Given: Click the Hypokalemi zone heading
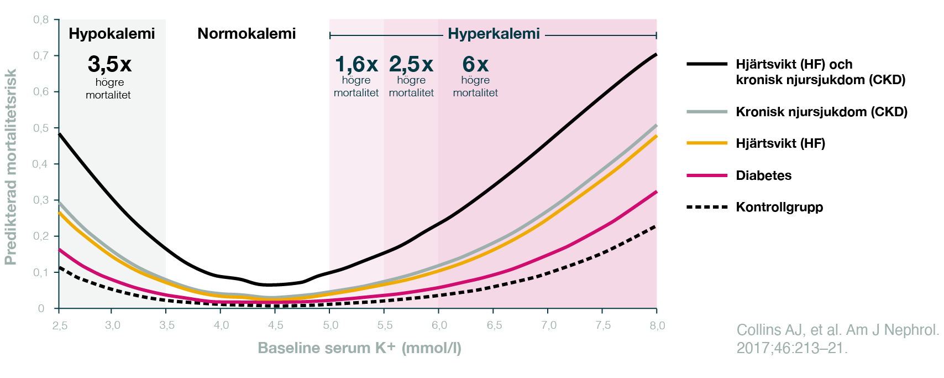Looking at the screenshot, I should coord(112,34).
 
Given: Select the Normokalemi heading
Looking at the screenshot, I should coord(247,34).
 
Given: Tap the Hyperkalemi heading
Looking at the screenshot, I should coord(494,34).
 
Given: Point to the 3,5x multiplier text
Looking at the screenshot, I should coord(109,65).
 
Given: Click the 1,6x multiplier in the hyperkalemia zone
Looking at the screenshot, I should coord(356,65).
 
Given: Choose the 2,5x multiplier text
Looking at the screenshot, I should coord(411,65).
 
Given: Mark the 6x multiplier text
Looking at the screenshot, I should coord(475,65).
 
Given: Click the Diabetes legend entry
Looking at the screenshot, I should coord(763,175).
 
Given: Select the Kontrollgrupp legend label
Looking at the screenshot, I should coord(779,208).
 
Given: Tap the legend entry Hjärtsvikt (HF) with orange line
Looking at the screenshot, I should coord(780,144).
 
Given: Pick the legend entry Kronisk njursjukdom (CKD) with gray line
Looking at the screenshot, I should coord(821,112).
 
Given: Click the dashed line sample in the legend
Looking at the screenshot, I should coord(707,208).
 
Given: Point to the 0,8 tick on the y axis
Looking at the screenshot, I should coord(41,20).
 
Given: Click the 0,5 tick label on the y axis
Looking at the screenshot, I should coord(41,128).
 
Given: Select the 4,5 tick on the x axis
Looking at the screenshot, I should coord(275,325).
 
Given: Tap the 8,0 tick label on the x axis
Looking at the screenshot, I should coord(657,325).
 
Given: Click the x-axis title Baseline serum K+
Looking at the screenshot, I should coord(359,348).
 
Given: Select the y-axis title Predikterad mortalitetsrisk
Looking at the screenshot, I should coord(11,166).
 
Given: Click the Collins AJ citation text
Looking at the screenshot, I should coord(837,339).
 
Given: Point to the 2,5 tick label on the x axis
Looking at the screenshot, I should coord(60,325).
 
